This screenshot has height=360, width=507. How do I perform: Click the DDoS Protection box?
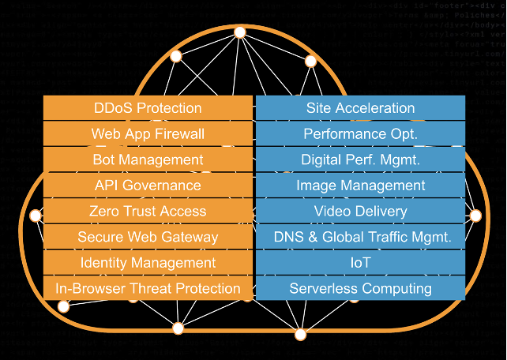pyautogui.click(x=148, y=108)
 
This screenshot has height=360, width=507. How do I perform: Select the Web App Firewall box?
pyautogui.click(x=148, y=134)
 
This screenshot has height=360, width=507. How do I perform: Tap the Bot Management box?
pyautogui.click(x=148, y=159)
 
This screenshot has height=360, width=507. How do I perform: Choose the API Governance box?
pyautogui.click(x=148, y=186)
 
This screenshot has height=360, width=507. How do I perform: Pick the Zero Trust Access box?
pyautogui.click(x=148, y=211)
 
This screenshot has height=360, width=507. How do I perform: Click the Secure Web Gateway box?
pyautogui.click(x=148, y=237)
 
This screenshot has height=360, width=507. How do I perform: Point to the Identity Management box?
pyautogui.click(x=148, y=262)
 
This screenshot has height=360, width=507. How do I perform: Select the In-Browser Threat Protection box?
pyautogui.click(x=148, y=288)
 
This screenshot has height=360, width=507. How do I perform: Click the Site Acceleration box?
pyautogui.click(x=360, y=108)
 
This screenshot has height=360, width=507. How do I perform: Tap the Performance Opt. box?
pyautogui.click(x=360, y=134)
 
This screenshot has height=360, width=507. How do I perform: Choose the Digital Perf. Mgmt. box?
pyautogui.click(x=360, y=159)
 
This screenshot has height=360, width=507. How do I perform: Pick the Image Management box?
pyautogui.click(x=360, y=186)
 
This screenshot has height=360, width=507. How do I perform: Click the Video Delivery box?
pyautogui.click(x=360, y=211)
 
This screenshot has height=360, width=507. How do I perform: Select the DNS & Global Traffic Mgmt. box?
pyautogui.click(x=360, y=237)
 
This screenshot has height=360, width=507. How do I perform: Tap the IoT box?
pyautogui.click(x=360, y=262)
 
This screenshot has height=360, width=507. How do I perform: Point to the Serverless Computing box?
pyautogui.click(x=360, y=288)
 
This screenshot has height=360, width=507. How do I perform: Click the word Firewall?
pyautogui.click(x=179, y=134)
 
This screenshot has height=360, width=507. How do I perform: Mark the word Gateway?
pyautogui.click(x=192, y=237)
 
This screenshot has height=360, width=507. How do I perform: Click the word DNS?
pyautogui.click(x=288, y=237)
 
